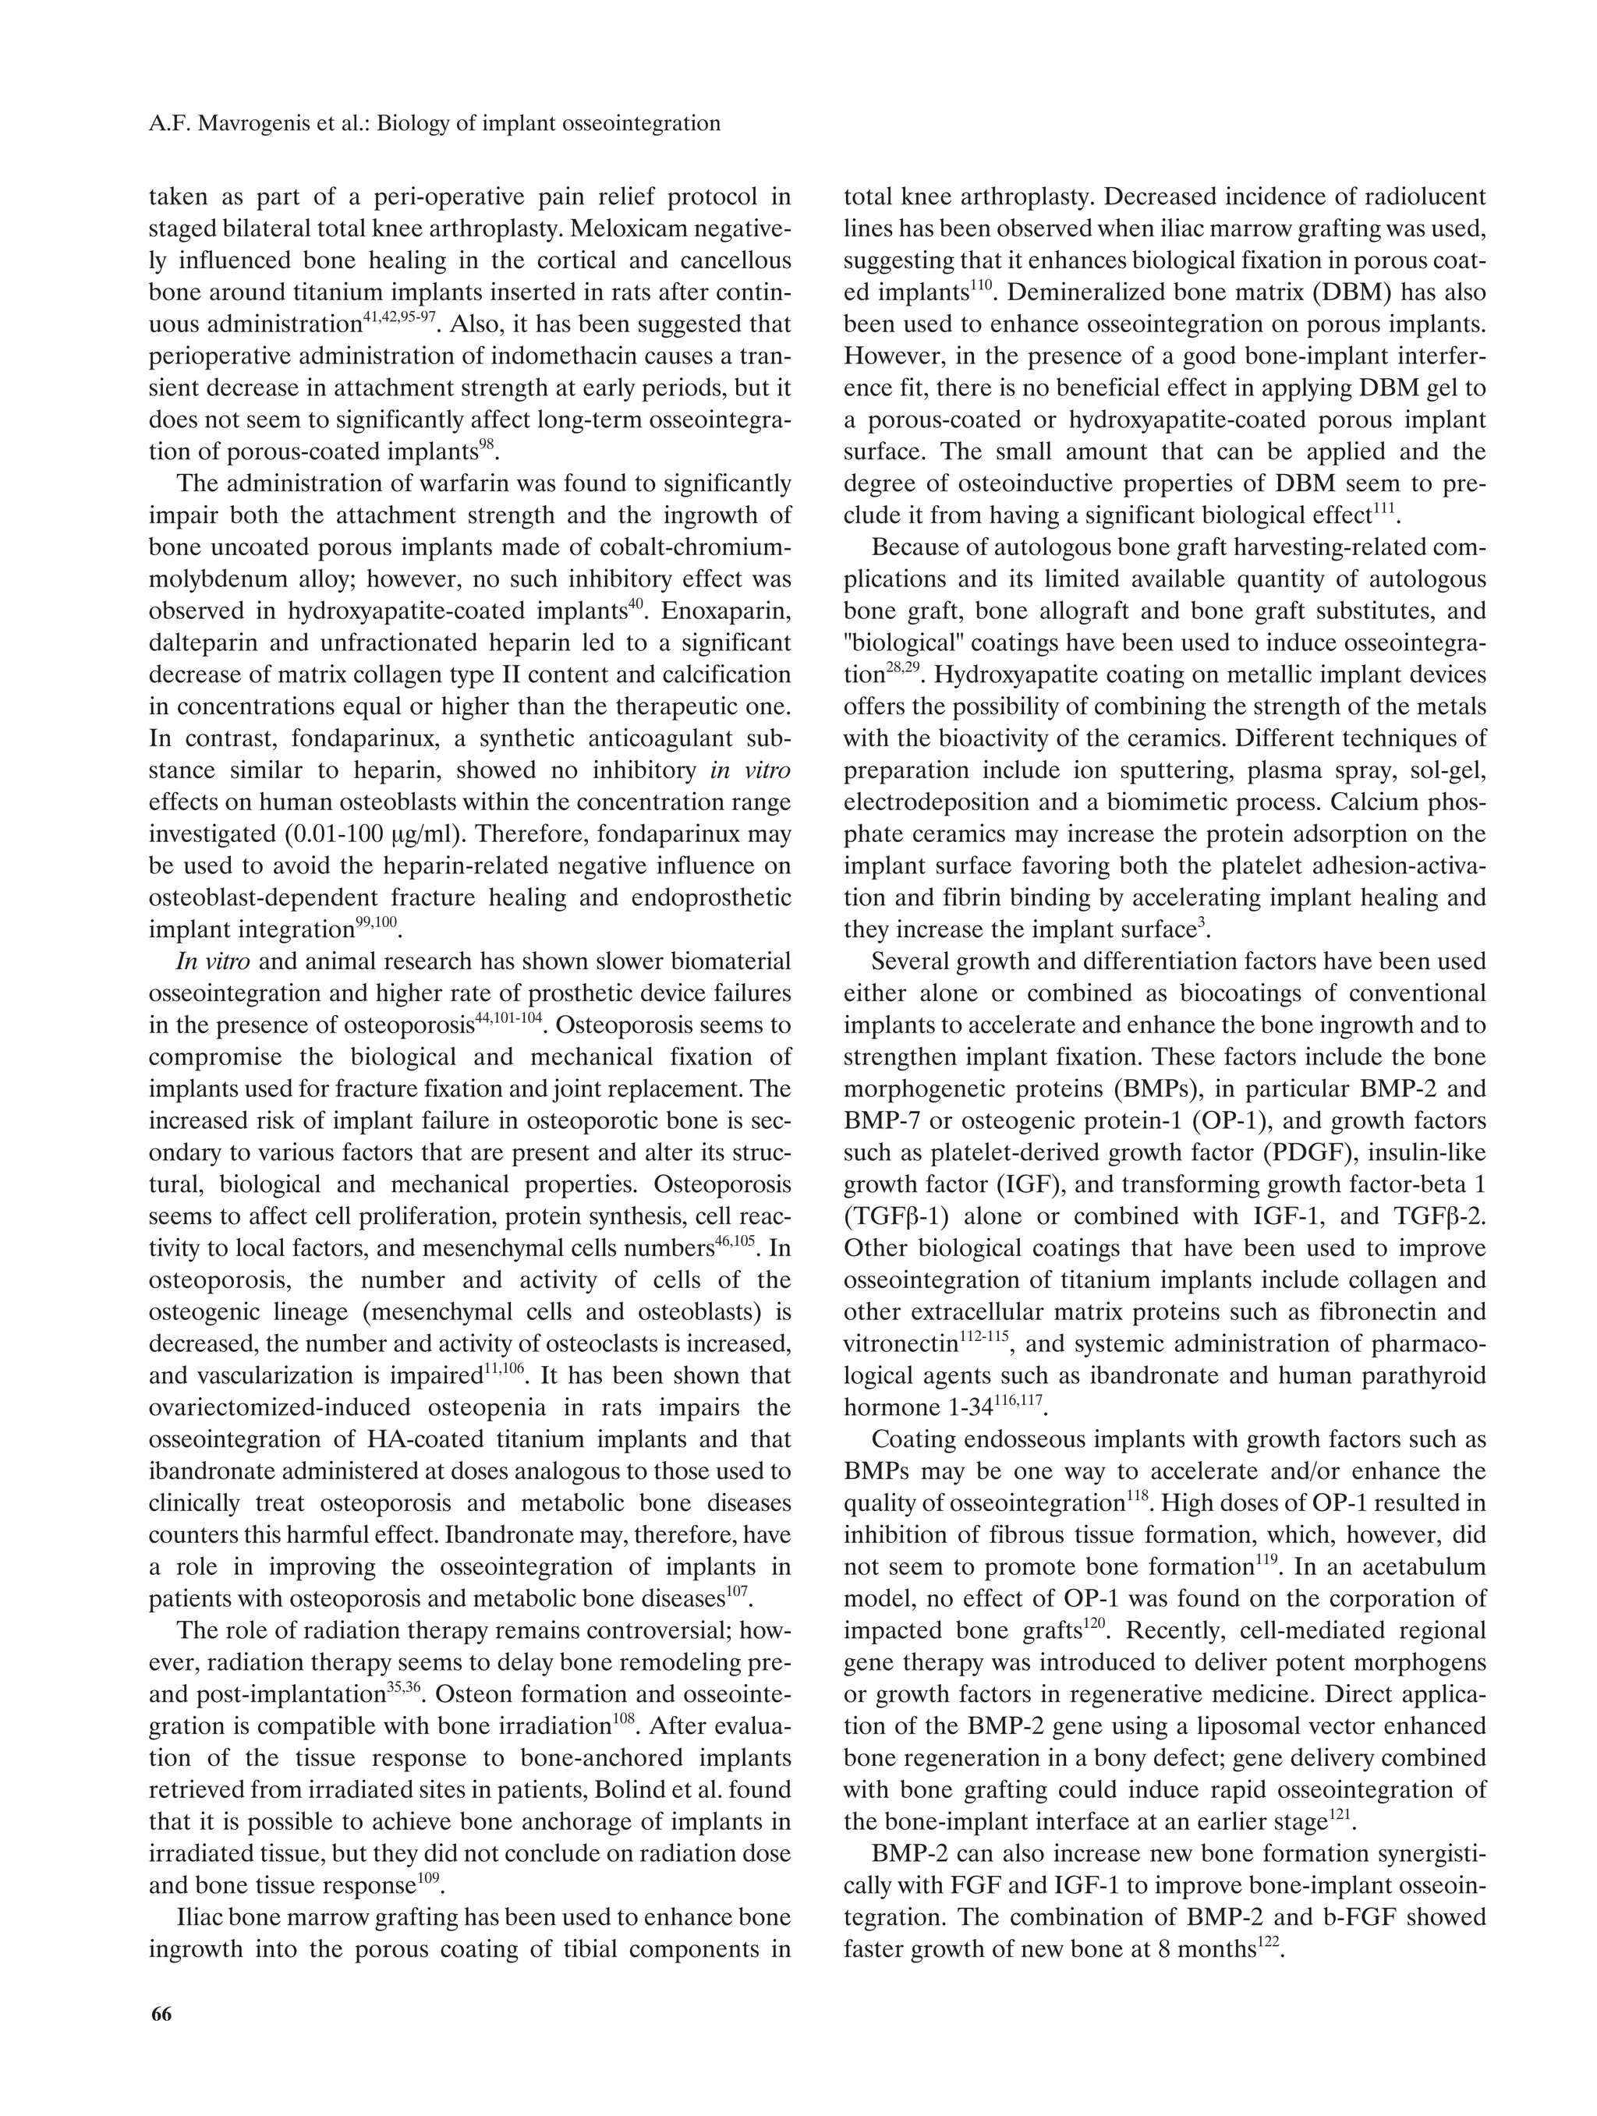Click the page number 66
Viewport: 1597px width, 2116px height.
click(161, 2015)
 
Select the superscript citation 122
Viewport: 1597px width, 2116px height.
click(1267, 1941)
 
